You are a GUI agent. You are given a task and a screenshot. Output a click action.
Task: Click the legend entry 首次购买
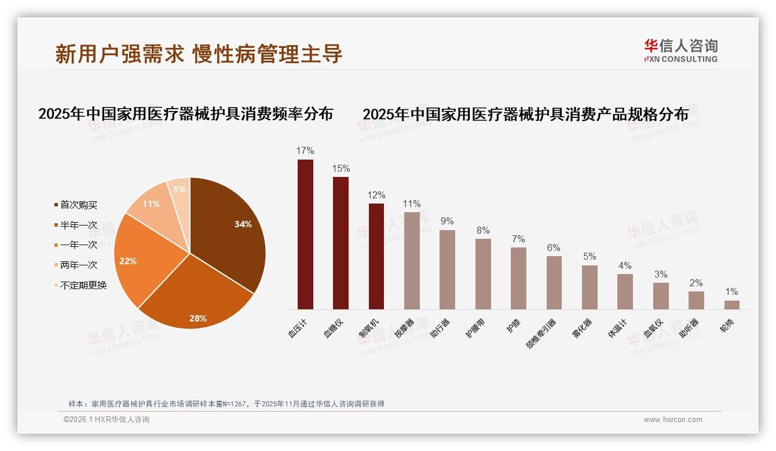[x=78, y=205]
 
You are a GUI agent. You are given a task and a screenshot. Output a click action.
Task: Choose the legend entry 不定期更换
[x=83, y=285]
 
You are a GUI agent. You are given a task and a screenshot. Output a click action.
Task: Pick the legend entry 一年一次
[x=78, y=245]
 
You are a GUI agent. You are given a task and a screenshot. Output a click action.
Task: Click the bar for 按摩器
[x=412, y=260]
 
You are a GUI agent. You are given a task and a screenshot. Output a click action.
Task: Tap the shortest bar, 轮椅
[x=731, y=305]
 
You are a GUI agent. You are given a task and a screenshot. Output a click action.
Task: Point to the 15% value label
[x=341, y=169]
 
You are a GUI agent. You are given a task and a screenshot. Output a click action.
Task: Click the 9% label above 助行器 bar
[x=447, y=221]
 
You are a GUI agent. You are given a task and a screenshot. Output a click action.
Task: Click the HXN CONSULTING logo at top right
[x=680, y=51]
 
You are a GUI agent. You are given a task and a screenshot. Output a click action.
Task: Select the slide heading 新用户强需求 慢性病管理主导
[x=199, y=54]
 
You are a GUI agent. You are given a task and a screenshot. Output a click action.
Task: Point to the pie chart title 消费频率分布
[x=185, y=114]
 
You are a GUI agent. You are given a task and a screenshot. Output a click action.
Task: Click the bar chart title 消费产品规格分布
[x=525, y=114]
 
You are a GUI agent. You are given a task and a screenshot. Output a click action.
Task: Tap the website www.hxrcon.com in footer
[x=673, y=420]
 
